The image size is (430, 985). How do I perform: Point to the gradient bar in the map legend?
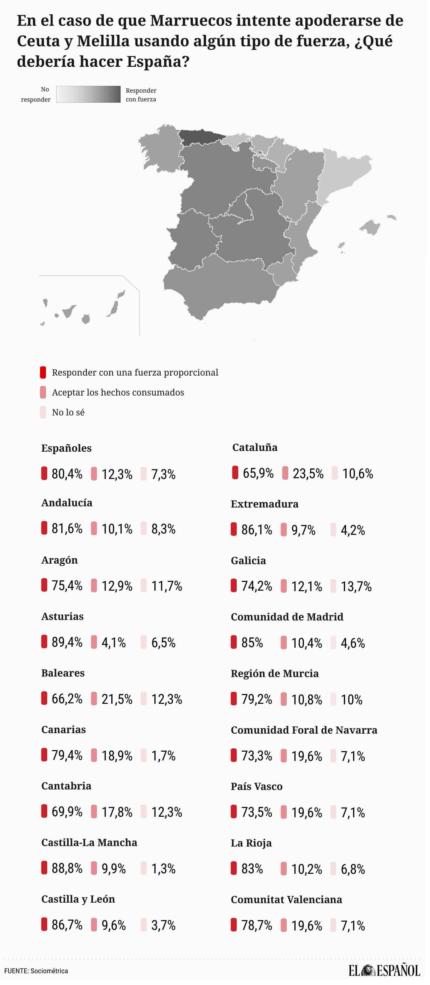point(88,94)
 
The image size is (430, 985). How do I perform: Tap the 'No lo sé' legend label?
point(68,412)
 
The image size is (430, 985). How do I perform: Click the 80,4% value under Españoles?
point(67,474)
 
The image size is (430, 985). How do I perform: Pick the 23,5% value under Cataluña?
point(308,473)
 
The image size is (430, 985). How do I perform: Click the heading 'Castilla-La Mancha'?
point(89,842)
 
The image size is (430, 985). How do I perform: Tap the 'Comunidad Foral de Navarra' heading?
point(303,730)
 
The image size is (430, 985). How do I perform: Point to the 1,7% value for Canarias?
point(163,756)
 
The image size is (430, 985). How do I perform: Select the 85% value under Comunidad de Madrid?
point(252,643)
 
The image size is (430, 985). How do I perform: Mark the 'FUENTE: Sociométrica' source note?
point(36,971)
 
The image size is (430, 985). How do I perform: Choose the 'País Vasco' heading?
point(256,786)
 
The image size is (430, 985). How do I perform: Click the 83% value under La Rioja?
point(252,869)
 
